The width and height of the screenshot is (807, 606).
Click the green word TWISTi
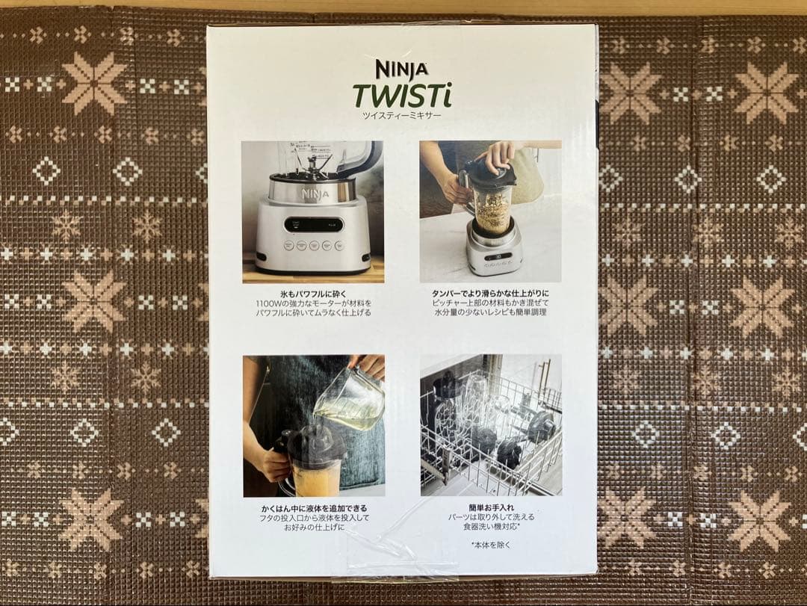tap(402, 96)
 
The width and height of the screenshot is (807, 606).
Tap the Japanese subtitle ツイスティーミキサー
tap(402, 116)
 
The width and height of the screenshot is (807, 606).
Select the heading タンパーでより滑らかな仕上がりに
tap(490, 293)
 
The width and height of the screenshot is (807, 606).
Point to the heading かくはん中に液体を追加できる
tap(313, 508)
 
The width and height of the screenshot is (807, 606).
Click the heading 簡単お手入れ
tap(490, 507)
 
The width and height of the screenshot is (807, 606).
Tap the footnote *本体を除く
tap(490, 545)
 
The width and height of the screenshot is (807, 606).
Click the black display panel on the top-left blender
tap(314, 224)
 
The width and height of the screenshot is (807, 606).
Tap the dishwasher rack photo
tap(490, 424)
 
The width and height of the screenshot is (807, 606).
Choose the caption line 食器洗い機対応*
tap(490, 527)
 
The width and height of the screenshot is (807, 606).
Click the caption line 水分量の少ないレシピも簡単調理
tap(490, 312)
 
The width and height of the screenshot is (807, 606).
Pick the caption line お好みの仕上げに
tap(313, 527)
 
